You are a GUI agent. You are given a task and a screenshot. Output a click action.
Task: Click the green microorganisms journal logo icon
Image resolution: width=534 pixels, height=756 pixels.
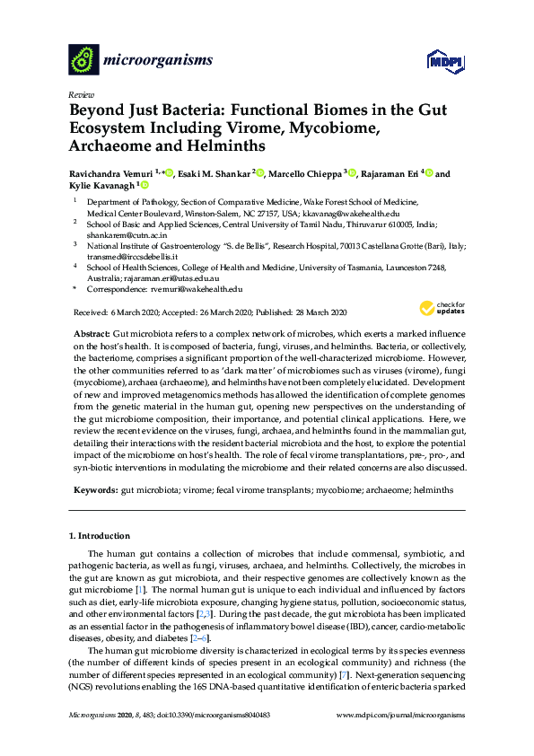(x=83, y=60)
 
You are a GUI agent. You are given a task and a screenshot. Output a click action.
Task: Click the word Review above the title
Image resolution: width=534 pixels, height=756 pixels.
(x=80, y=93)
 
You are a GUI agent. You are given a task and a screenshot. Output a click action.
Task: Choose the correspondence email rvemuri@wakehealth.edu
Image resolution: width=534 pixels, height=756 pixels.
(x=197, y=288)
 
